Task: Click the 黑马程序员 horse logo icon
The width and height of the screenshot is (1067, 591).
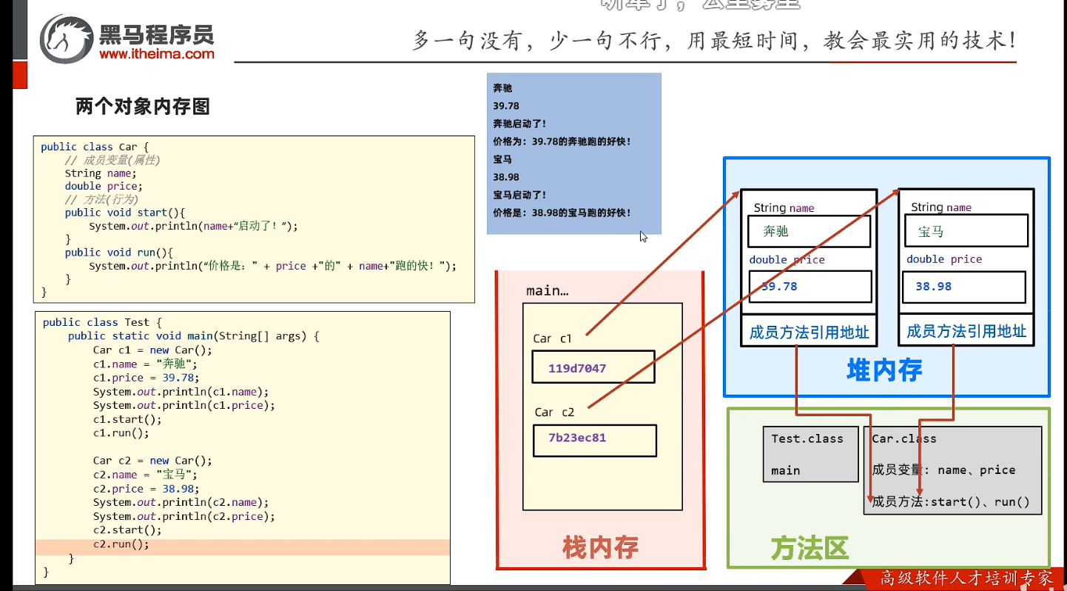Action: coord(67,38)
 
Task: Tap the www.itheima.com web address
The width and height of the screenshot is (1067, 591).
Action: coord(156,53)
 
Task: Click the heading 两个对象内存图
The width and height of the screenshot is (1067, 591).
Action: coord(143,107)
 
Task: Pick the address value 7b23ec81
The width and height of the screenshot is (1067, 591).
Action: coord(577,438)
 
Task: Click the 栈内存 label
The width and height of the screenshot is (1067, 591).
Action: coord(600,547)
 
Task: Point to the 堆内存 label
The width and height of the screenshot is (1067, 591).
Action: coord(884,370)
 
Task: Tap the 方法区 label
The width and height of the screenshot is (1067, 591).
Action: coord(809,549)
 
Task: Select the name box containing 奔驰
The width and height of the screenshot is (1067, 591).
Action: coord(809,231)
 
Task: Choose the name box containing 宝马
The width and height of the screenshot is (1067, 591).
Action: coord(966,231)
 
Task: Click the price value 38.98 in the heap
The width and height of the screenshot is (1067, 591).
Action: coord(934,287)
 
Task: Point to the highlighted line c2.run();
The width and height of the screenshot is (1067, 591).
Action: coord(121,544)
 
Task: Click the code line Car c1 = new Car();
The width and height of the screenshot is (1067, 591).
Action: coord(152,350)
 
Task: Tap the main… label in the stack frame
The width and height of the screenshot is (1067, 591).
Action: coord(548,291)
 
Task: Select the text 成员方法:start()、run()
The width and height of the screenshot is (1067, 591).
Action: coord(951,502)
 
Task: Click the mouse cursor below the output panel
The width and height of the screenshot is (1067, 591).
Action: coord(643,236)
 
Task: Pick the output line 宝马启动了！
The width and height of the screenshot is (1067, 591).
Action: coord(519,195)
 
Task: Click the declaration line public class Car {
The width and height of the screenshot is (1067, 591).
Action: coord(95,147)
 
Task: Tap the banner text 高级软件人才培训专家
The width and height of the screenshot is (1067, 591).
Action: coord(966,578)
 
